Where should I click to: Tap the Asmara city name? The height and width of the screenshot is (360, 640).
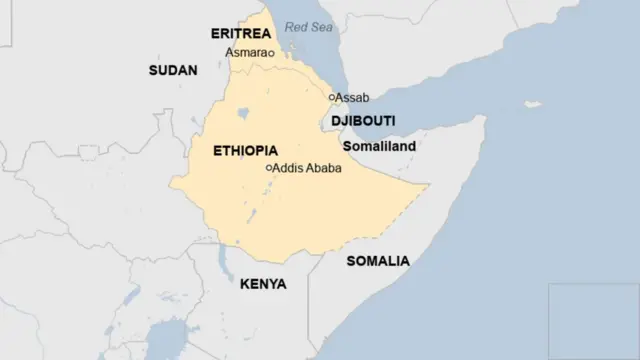(245, 52)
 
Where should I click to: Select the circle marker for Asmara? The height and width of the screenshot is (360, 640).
(271, 53)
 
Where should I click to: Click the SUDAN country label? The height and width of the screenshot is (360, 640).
(173, 70)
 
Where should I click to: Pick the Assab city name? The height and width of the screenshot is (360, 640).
(353, 97)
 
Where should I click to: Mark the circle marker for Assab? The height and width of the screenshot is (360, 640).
(332, 97)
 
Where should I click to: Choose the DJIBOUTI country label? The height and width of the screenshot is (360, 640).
(363, 121)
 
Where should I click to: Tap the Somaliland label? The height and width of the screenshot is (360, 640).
(379, 146)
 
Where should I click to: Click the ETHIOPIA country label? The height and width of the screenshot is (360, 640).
(246, 150)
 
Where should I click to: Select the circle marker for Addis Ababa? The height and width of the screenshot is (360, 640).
(268, 168)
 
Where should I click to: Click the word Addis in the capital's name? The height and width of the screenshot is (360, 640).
(289, 168)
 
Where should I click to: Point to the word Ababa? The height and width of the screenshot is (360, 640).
(325, 168)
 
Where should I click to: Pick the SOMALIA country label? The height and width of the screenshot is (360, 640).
(377, 261)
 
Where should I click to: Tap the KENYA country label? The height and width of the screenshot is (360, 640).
(263, 284)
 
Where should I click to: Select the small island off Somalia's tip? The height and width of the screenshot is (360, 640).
(533, 104)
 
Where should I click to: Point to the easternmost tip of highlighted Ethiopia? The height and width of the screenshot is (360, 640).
(428, 185)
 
